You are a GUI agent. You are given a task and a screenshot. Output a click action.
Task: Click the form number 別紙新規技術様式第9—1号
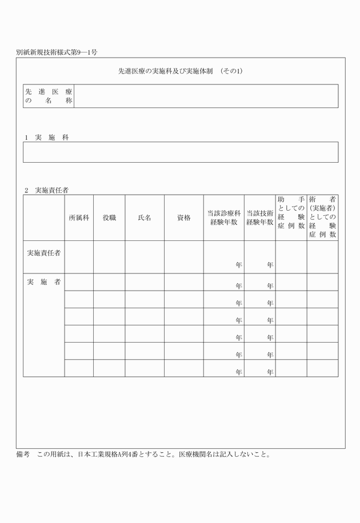pos(57,52)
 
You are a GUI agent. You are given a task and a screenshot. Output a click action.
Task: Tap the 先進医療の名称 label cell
pos(49,96)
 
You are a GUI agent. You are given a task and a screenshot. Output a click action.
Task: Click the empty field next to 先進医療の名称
pos(206,96)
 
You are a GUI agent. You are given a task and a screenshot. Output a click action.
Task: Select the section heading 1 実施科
pos(46,138)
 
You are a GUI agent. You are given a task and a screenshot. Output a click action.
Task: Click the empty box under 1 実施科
pos(181,152)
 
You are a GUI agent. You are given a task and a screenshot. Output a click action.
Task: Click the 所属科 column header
pos(79,218)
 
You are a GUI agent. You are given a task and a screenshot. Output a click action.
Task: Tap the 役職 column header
pos(109,218)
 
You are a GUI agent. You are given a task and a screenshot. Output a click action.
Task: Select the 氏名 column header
pos(145,218)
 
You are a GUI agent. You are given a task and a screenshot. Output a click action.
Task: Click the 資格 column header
pos(183,218)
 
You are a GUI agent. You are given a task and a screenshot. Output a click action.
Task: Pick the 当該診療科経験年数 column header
pos(223,218)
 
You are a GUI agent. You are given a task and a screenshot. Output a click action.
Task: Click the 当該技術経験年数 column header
pos(259,218)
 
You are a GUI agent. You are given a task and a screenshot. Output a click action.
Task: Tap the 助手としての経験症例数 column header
pos(291,217)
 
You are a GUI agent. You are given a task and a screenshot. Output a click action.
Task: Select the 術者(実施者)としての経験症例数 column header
pos(322,217)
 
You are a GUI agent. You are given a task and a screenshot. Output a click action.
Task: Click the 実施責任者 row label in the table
pos(44,252)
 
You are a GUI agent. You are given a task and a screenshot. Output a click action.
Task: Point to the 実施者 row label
pos(44,283)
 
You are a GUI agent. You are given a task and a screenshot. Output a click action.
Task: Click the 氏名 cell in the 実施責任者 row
pos(145,257)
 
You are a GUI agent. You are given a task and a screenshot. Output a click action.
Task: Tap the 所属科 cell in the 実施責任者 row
pos(79,257)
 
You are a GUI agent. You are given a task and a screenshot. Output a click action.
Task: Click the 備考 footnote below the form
pos(143,455)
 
